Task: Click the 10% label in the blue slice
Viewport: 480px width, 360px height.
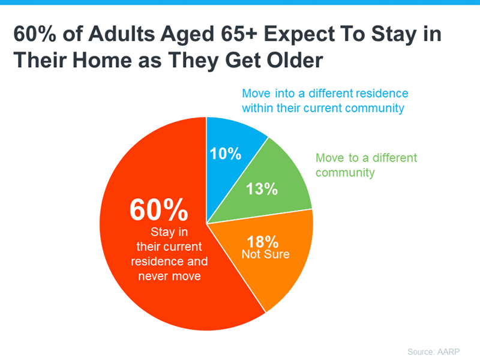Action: pos(226,154)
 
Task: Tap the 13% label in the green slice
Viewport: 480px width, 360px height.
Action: pos(262,189)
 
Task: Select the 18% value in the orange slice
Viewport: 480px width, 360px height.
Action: pos(263,242)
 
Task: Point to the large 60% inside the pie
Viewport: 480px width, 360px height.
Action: pos(159,210)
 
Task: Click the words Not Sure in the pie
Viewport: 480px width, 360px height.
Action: pos(265,254)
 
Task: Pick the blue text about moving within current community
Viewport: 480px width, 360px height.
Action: pos(325,101)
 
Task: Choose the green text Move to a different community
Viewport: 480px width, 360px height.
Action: pos(366,165)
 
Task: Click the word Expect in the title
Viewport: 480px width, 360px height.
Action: pos(297,34)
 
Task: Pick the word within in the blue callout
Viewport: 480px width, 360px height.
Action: pos(259,109)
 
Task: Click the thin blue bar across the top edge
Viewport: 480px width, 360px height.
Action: pos(240,2)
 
